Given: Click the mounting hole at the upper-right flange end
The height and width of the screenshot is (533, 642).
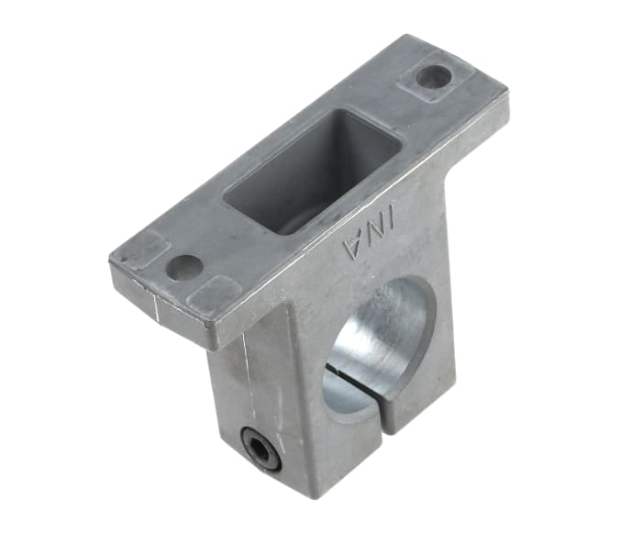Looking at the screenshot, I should (432, 77).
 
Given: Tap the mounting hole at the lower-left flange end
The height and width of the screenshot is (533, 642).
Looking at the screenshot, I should (185, 267).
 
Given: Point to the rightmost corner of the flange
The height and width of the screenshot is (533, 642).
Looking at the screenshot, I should (507, 92).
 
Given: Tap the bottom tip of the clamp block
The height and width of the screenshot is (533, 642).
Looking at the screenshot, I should (313, 496).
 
